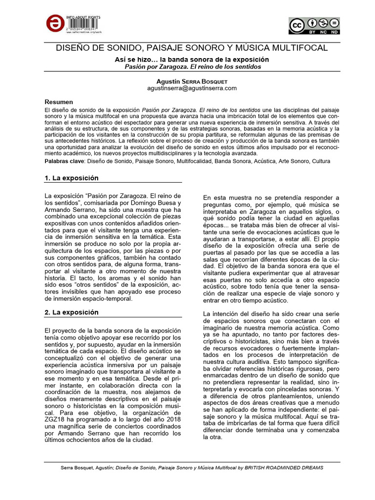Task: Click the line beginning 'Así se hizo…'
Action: tap(188, 59)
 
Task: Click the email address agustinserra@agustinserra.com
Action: tap(185, 88)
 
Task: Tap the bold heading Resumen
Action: tap(59, 102)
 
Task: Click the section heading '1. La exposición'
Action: tap(71, 178)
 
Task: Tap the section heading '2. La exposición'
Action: tap(71, 312)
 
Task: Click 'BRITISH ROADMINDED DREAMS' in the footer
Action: tap(280, 467)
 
